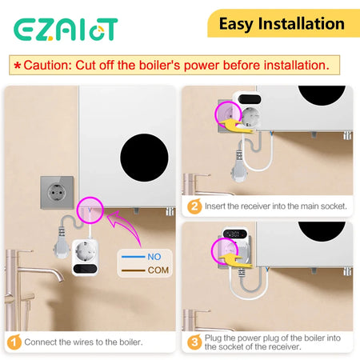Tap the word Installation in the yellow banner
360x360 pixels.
tap(303, 23)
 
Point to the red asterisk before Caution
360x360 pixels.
tap(16, 65)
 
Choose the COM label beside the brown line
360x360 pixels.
tap(158, 270)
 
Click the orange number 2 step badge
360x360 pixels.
tap(194, 206)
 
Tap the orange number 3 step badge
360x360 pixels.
tap(194, 342)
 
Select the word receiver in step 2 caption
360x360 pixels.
tap(255, 206)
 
